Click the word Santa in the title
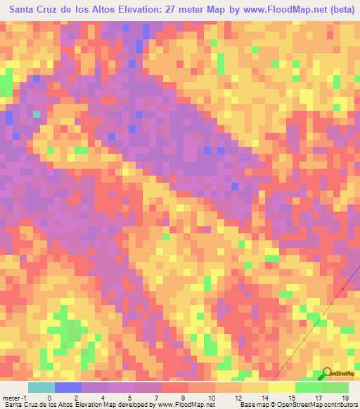click(x=26, y=10)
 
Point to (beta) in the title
click(x=337, y=10)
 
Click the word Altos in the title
click(x=98, y=10)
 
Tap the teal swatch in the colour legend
click(x=41, y=388)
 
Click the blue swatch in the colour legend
click(x=68, y=388)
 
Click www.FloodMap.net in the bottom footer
click(x=184, y=405)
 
